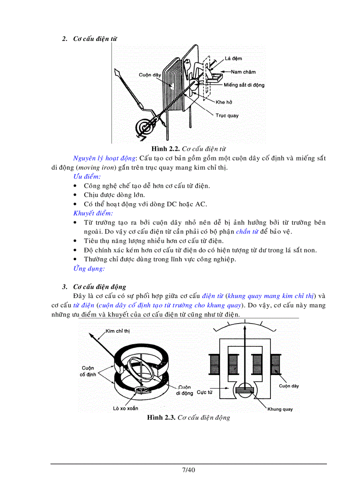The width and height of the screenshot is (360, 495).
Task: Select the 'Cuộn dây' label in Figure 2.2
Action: coord(150,75)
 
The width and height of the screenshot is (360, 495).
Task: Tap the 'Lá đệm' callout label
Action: coord(233,58)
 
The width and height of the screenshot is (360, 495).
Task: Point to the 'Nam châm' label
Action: coord(243,71)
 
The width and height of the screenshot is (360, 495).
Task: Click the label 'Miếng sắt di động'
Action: coord(244,85)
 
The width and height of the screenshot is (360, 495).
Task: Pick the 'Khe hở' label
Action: coord(224,102)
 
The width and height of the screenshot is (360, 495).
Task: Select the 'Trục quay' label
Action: coord(227,115)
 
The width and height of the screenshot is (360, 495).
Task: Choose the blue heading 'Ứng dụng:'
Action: coord(89,268)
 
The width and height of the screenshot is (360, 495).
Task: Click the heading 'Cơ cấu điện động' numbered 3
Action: coord(100,287)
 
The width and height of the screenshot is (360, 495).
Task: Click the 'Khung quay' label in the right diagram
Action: coord(280,409)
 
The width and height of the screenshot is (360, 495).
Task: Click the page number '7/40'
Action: coord(188,470)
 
